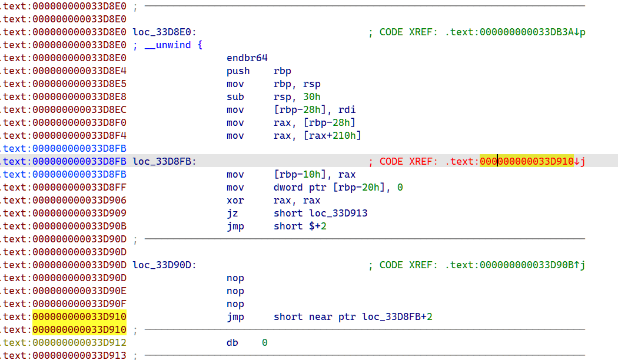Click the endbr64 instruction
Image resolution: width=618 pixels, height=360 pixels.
tap(247, 58)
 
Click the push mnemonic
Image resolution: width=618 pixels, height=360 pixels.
tap(238, 71)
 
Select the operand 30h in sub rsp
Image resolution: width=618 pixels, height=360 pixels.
tap(311, 97)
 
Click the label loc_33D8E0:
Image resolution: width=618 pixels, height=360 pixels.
tap(164, 32)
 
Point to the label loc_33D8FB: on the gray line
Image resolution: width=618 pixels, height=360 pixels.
tap(164, 162)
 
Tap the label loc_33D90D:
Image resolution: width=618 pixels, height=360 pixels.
tap(164, 265)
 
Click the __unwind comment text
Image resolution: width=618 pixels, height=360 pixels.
tap(168, 45)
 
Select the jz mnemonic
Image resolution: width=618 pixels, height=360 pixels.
tap(232, 214)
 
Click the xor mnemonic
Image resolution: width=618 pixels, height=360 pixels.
tap(235, 201)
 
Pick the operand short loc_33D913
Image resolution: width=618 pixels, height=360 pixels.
tap(320, 214)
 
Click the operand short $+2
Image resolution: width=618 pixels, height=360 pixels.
tap(300, 226)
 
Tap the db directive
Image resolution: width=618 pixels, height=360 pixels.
tap(232, 343)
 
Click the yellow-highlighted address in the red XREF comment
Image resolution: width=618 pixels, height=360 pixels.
tap(527, 162)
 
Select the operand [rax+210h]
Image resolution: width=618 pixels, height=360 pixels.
tap(333, 136)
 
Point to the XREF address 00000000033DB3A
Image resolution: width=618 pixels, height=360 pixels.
tap(527, 32)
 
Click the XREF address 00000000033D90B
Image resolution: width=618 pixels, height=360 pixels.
tap(527, 265)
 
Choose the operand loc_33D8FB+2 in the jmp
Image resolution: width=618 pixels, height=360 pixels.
tap(397, 317)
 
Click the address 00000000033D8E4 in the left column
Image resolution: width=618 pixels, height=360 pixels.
tap(79, 71)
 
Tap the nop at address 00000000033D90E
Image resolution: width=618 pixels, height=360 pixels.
tap(235, 291)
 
